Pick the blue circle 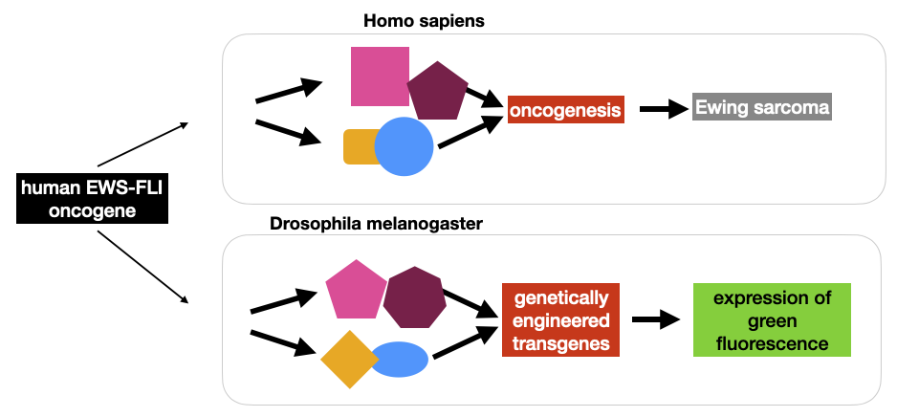click(404, 146)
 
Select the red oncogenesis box click(566, 110)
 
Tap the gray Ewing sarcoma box click(762, 107)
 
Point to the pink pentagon click(355, 289)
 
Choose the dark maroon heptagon click(414, 297)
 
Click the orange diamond click(350, 359)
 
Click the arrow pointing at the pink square click(289, 92)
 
